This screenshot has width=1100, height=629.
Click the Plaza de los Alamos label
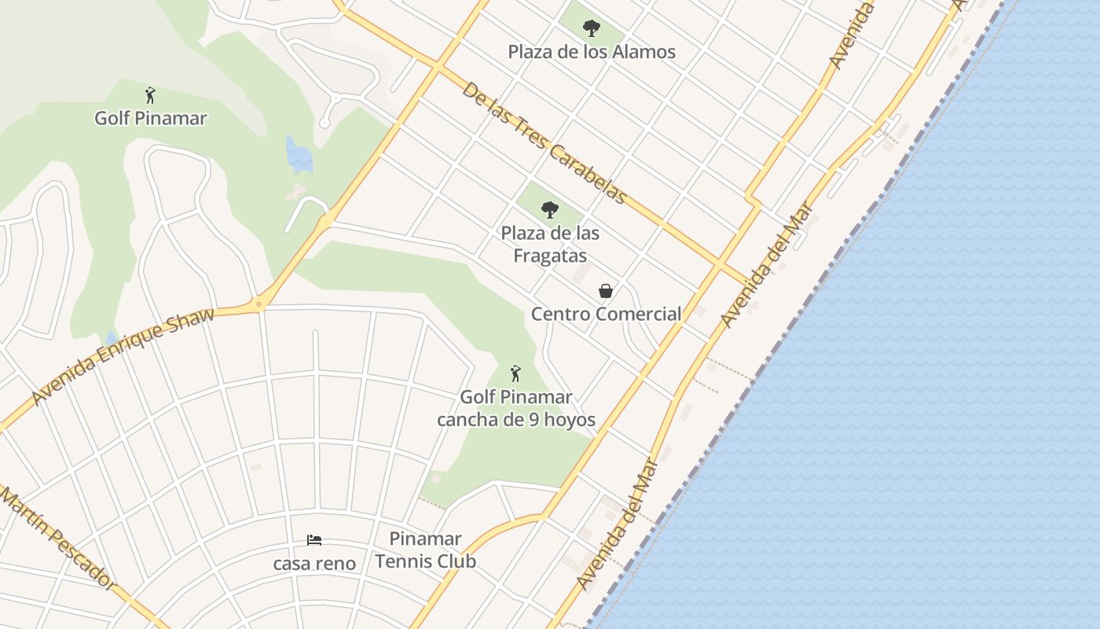pos(591,52)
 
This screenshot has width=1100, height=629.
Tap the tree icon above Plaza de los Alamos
pos(591,29)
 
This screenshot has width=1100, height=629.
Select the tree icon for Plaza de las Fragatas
pos(550,210)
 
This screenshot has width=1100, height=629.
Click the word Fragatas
pos(550,256)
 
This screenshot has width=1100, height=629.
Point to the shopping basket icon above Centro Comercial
pos(606,291)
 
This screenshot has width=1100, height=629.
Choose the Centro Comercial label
pos(606,314)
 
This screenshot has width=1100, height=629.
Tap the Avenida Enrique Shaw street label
pos(123,358)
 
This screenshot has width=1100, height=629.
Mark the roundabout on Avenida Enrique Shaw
pos(258,303)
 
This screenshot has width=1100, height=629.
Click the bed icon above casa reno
pos(314,540)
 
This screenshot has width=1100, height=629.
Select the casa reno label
pos(314,563)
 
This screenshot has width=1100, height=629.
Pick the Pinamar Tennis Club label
pos(425,550)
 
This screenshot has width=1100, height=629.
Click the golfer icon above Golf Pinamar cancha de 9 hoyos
pos(515,373)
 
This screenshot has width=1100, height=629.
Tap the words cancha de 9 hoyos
pos(515,420)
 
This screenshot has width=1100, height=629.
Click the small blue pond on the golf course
pos(299,156)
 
